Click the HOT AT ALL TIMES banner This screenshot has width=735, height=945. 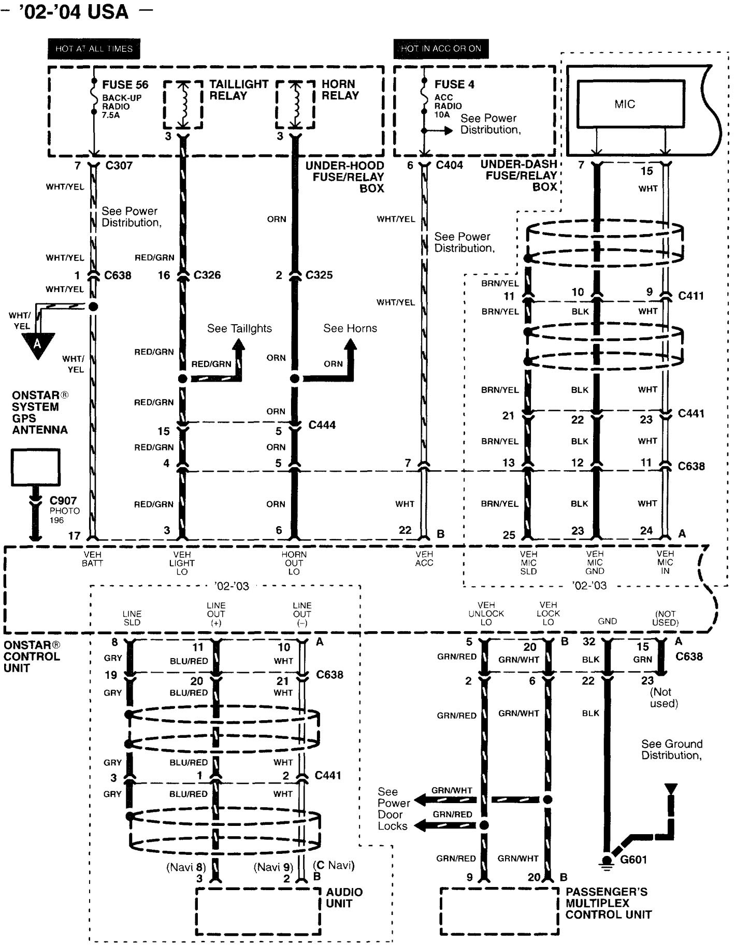click(94, 49)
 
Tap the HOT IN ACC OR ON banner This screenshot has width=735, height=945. click(441, 49)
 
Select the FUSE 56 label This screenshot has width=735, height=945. click(125, 84)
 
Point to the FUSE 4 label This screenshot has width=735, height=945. click(454, 84)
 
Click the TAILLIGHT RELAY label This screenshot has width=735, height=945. click(238, 90)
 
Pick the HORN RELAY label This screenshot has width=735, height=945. click(340, 90)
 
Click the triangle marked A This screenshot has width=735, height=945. click(37, 344)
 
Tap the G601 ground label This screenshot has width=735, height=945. click(633, 860)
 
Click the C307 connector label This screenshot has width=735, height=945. click(119, 166)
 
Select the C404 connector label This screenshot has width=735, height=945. click(449, 165)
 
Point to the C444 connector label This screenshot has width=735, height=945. click(322, 425)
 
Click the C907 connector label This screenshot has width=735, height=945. click(63, 501)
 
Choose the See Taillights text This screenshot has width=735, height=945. click(239, 328)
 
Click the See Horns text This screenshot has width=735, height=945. click(350, 328)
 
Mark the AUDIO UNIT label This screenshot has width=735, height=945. click(344, 897)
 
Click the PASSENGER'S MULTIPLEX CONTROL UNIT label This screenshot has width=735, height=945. click(608, 903)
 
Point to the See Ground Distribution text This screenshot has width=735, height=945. click(672, 749)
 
